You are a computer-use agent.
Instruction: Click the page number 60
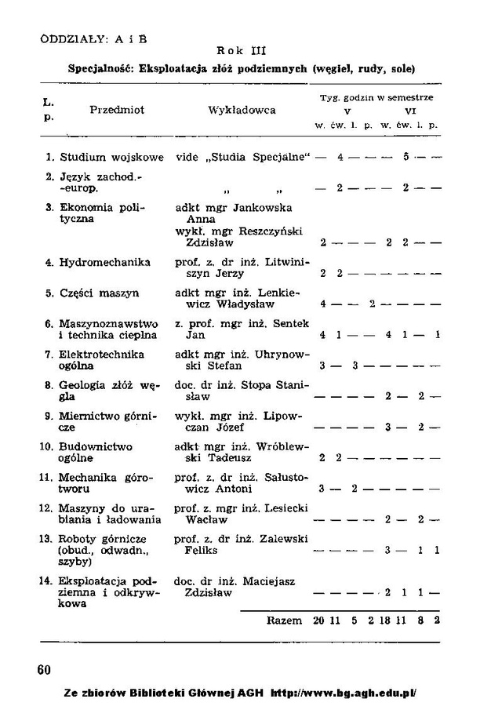coord(45,668)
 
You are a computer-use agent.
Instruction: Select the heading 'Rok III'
coord(241,53)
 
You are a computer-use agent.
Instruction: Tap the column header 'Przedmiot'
coord(117,111)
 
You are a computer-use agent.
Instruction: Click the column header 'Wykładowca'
coord(242,111)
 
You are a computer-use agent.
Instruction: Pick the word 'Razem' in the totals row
coord(284,620)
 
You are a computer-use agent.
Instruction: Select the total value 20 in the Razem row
coord(318,620)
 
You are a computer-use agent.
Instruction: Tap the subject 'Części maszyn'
coord(100,293)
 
